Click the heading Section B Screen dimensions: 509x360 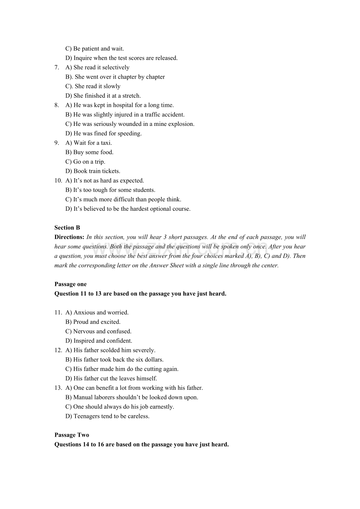click(67, 228)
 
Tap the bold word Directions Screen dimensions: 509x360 click(69, 237)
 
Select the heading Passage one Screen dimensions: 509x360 click(70, 284)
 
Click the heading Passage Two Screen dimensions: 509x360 click(72, 435)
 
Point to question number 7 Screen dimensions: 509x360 click(57, 67)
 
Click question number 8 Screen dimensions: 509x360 click(57, 105)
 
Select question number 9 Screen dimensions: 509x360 click(57, 143)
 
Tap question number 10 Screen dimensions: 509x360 click(58, 181)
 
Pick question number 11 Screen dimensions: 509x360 click(58, 312)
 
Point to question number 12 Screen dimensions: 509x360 click(58, 350)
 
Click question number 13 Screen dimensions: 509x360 click(58, 388)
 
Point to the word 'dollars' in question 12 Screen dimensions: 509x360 click(153, 360)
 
